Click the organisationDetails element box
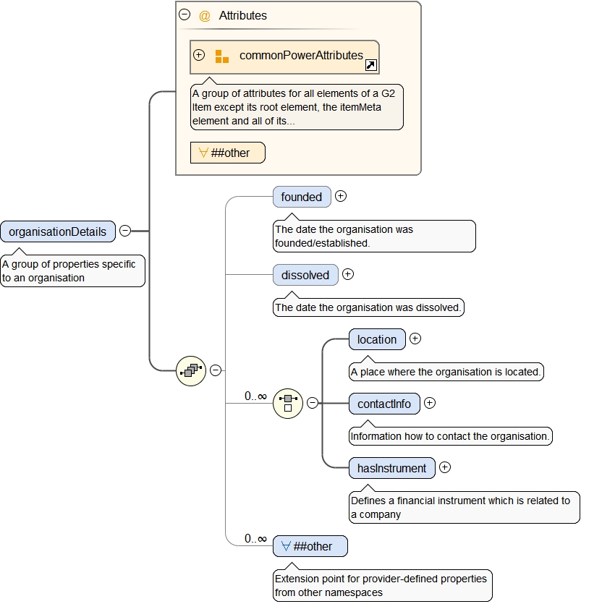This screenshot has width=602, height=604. [58, 231]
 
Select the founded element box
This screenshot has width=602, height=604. [302, 197]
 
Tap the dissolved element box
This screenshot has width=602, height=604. [305, 275]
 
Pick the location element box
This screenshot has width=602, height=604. [377, 339]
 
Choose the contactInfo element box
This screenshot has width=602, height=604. [384, 404]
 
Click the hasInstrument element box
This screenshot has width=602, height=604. [392, 468]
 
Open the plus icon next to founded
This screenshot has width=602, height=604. [341, 196]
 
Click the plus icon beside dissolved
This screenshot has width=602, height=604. [348, 274]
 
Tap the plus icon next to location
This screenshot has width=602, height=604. [415, 339]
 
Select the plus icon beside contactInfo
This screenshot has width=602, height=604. [430, 403]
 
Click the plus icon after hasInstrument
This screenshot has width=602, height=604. [445, 467]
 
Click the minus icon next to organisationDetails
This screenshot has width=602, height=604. [125, 231]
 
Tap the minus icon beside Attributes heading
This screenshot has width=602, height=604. [185, 14]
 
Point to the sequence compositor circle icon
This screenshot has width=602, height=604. [191, 370]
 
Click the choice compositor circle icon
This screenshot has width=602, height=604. [288, 403]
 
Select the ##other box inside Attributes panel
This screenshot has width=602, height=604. [227, 153]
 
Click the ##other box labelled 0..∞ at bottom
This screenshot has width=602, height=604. [310, 546]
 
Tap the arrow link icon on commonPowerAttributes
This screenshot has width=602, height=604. [370, 66]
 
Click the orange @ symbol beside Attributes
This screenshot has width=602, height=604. [205, 16]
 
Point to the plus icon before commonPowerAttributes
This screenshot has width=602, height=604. [199, 55]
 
